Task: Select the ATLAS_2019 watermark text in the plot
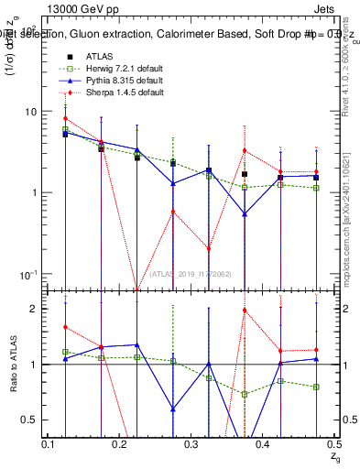point(191,274)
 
